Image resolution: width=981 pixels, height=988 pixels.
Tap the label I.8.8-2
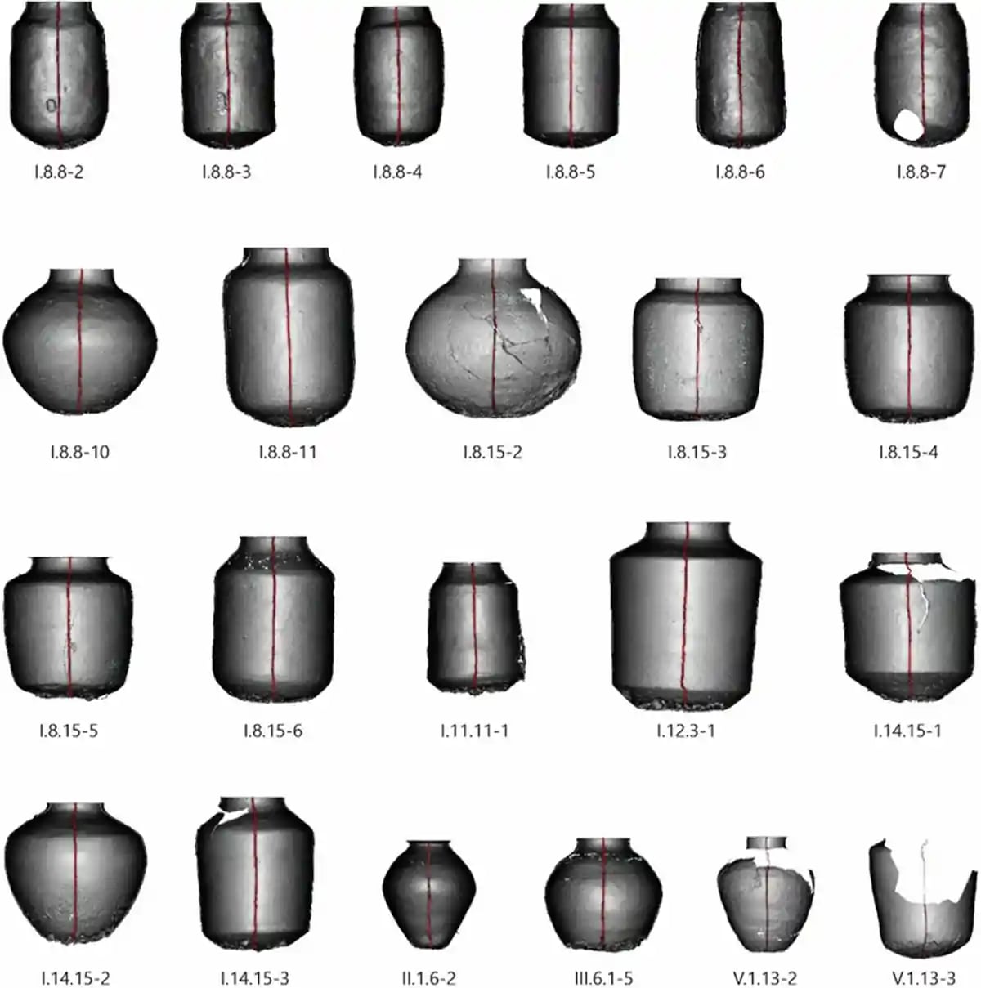59,172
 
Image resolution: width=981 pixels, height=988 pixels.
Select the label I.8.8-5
570,172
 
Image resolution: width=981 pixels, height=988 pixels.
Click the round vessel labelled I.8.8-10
80,342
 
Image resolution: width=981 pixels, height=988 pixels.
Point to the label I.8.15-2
493,452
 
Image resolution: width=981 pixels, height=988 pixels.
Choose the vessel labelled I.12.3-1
686,616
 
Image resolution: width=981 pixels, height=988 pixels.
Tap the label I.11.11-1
475,730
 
